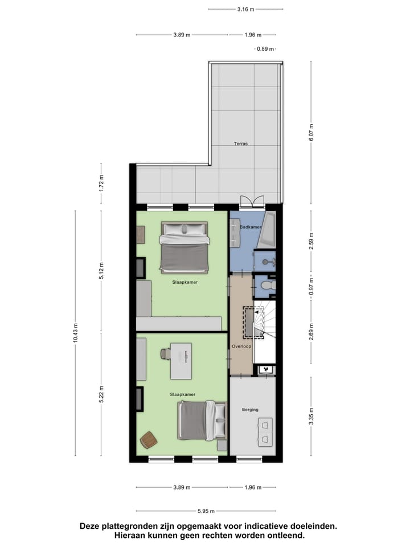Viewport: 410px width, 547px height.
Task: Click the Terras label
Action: [240, 144]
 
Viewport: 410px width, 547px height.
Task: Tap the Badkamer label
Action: [251, 227]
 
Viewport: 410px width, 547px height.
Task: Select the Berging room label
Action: [250, 409]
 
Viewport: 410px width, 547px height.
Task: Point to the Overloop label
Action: [241, 346]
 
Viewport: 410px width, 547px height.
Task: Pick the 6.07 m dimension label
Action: [311, 133]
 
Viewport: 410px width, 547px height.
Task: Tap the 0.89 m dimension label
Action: [266, 49]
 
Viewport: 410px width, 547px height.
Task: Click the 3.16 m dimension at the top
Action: [245, 10]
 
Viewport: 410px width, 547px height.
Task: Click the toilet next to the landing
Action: [266, 284]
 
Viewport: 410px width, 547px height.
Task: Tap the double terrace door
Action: [252, 201]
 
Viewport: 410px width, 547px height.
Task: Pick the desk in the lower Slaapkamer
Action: [181, 361]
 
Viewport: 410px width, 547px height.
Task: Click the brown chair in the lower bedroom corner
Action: [149, 439]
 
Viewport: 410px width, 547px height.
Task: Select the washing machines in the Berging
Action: [266, 431]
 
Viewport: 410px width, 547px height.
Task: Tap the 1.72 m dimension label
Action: [101, 183]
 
